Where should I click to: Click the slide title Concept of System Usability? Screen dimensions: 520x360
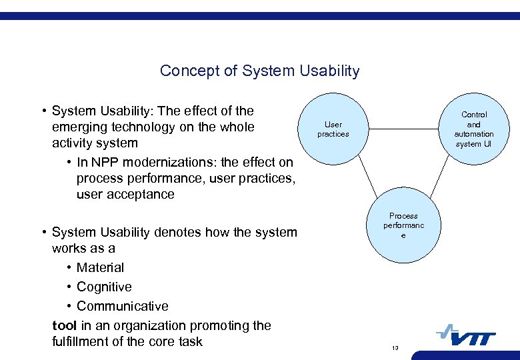[x=259, y=71]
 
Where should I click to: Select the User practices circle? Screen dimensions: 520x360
[x=333, y=129]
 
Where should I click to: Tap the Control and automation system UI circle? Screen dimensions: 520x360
[x=473, y=129]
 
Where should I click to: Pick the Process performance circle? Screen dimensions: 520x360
[x=403, y=226]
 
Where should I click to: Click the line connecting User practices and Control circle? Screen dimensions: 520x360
[x=403, y=128]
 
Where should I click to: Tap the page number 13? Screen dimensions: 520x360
[x=395, y=348]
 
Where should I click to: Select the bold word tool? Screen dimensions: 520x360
[x=64, y=325]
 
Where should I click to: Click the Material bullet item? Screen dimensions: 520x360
[x=100, y=267]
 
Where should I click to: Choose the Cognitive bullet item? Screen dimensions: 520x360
[x=104, y=287]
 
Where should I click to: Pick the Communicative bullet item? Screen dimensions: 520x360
[x=122, y=306]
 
